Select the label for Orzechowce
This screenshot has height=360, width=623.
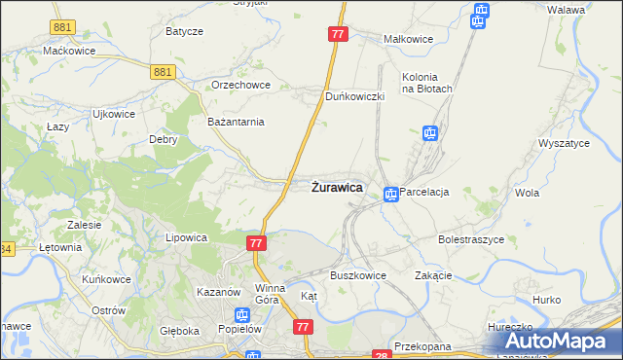pos(238,85)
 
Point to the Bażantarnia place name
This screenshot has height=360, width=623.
pos(237,122)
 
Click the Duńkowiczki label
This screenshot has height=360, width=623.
pos(355,96)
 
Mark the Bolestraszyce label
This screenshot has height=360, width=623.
pos(470,238)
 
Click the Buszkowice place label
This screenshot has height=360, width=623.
pos(358,275)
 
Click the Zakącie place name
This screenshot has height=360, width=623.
pos(433,275)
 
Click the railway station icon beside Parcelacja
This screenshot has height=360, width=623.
pos(390,194)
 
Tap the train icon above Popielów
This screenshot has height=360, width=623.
pos(242,314)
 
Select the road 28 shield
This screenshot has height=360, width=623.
pos(381,355)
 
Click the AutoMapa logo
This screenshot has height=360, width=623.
pos(557,341)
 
